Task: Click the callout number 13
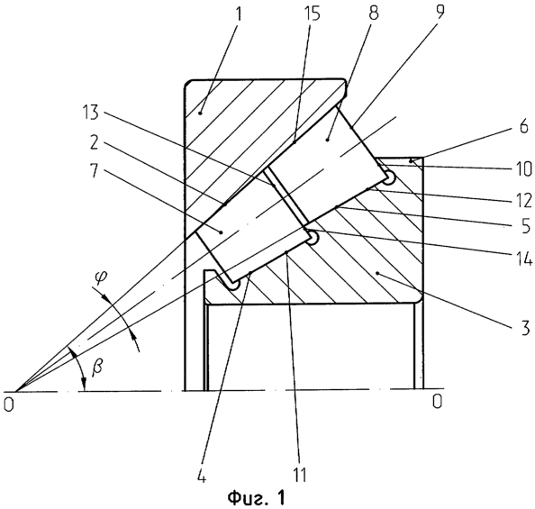pyautogui.click(x=90, y=113)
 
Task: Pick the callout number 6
pyautogui.click(x=523, y=125)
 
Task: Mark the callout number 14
pyautogui.click(x=524, y=259)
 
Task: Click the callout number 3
pyautogui.click(x=524, y=327)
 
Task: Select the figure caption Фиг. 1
pyautogui.click(x=256, y=498)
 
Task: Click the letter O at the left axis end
pyautogui.click(x=9, y=404)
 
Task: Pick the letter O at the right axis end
pyautogui.click(x=437, y=401)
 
